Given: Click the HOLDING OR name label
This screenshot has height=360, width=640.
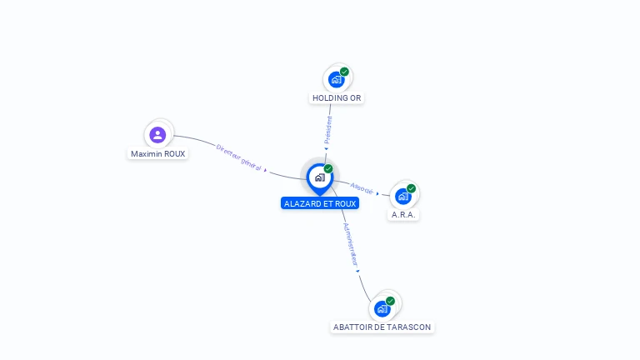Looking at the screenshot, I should coord(337,98).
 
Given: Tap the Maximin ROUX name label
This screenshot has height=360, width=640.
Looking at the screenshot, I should coord(158,154).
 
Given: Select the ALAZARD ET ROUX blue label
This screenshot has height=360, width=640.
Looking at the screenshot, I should coord(320,203).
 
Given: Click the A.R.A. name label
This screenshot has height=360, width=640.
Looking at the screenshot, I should coord(404,215).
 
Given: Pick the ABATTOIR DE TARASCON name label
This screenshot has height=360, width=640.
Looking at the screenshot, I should coord(382,327).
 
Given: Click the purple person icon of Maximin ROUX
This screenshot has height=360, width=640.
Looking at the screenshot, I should coord(157,135).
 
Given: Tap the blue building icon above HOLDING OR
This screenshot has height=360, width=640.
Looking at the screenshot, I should coord(336,80).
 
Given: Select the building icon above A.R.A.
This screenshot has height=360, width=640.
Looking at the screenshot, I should coord(403,197).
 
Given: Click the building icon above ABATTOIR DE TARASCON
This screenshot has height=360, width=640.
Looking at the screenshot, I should coord(382,309).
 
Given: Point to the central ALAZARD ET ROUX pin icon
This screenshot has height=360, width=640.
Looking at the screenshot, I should coord(319,177).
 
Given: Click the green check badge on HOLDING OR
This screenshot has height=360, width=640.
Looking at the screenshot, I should coord(344,72).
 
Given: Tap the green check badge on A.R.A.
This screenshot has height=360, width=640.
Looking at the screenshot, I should coord(412,188).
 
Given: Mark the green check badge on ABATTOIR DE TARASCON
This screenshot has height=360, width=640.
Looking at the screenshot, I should coord(390,301).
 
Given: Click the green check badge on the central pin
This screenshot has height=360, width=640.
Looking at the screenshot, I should coord(328,169).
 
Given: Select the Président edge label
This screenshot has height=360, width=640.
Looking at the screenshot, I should coord(328,129).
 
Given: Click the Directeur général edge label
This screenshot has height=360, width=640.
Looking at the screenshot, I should coord(238,157).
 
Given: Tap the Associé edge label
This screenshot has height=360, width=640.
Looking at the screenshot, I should coord(362,187).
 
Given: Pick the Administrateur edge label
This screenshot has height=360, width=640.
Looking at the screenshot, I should coord(349,243).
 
